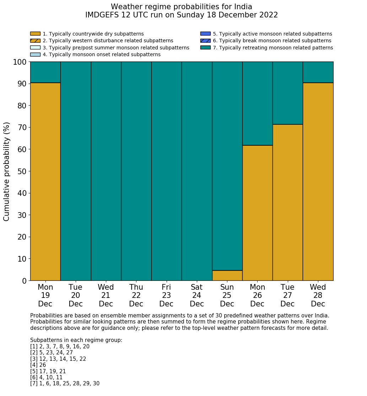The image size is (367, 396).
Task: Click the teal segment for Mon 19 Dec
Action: coord(45,72)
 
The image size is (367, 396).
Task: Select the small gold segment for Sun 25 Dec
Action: coord(227,275)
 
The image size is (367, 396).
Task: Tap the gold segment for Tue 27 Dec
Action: coord(287,202)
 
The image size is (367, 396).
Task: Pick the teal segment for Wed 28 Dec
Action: coord(318,72)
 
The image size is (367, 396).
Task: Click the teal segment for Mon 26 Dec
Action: coord(257,103)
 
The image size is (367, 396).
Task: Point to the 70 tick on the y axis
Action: coord(22,127)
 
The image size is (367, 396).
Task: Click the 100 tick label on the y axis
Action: coord(20,62)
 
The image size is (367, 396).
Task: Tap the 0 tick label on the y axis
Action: coord(24,281)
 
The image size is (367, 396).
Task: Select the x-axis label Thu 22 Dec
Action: coord(136,295)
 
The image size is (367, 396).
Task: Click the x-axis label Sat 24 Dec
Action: coord(197,295)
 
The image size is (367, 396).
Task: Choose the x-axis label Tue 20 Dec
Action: coord(75,295)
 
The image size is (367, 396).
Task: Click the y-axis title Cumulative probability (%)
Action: coord(7,171)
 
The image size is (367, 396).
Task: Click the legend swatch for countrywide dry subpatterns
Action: coord(35,34)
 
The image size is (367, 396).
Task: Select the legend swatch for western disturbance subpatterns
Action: coord(35,41)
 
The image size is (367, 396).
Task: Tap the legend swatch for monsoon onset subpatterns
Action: coord(35,54)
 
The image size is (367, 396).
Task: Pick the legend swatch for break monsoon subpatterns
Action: coord(205,41)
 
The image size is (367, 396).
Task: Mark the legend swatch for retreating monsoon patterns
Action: coord(205,48)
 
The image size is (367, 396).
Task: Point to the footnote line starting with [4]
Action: coord(38,365)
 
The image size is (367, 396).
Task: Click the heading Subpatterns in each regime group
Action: coord(76,340)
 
